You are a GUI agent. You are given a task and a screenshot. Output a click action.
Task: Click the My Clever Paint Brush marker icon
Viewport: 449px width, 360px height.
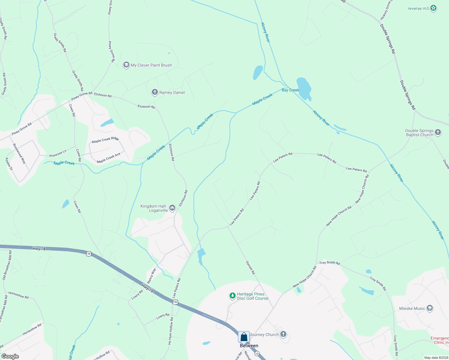126,65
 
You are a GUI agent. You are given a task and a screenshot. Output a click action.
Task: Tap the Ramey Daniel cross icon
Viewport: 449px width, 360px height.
155,92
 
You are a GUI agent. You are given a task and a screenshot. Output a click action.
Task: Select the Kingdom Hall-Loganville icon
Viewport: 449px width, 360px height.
172,208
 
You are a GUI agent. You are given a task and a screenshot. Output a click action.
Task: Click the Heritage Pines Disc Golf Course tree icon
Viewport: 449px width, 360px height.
232,296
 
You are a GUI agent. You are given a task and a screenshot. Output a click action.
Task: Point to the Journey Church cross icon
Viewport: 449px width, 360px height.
283,334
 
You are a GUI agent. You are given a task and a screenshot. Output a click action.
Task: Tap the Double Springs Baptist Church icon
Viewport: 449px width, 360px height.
438,132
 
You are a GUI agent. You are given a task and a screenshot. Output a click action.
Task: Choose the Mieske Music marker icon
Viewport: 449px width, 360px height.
430,308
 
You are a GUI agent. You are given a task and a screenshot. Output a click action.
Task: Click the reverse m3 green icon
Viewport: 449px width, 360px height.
433,8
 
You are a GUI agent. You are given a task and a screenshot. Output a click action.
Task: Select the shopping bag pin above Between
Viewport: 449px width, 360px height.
244,337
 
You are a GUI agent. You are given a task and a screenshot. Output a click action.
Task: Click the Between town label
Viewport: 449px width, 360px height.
249,346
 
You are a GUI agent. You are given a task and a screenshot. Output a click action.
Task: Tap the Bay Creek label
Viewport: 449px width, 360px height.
290,90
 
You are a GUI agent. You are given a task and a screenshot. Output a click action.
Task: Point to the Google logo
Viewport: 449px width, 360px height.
10,356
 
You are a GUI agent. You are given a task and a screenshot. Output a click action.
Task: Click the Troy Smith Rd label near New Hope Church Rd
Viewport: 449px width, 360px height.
330,263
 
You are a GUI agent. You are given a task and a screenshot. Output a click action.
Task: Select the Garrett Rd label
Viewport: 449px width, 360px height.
250,268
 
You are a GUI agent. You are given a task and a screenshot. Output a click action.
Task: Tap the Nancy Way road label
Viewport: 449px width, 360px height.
152,275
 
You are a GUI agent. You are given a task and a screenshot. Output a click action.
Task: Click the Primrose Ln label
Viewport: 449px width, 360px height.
58,154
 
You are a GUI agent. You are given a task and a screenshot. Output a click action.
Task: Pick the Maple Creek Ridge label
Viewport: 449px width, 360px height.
105,140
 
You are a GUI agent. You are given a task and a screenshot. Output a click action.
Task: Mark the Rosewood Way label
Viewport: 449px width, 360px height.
19,153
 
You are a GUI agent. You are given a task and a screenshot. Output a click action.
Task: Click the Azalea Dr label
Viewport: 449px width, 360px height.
9,164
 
